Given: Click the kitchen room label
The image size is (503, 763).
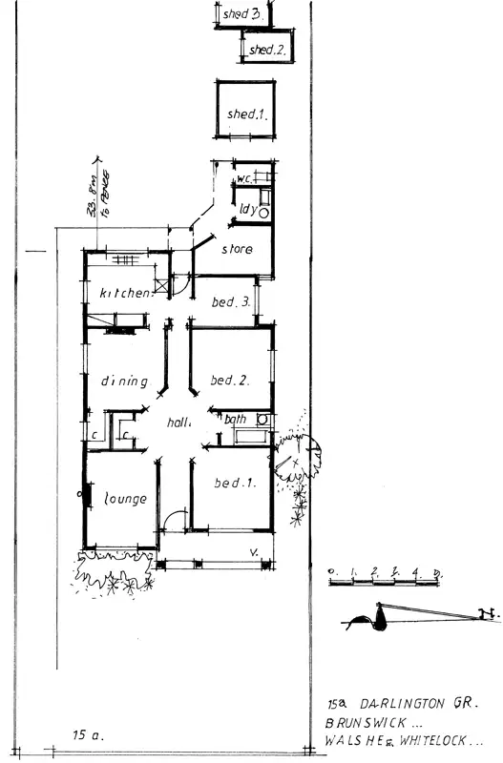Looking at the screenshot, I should point(126,294).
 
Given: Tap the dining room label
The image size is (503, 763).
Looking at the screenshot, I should point(125,381).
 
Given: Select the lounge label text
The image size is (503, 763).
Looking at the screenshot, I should point(124,499).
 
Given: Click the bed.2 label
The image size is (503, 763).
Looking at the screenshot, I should point(230,380).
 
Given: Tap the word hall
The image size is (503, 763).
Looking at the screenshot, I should point(179,423).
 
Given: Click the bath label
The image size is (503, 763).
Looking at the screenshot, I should point(236,419).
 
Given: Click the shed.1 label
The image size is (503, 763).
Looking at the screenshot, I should point(245,114).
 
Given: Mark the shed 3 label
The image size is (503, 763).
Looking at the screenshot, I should point(241,14).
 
